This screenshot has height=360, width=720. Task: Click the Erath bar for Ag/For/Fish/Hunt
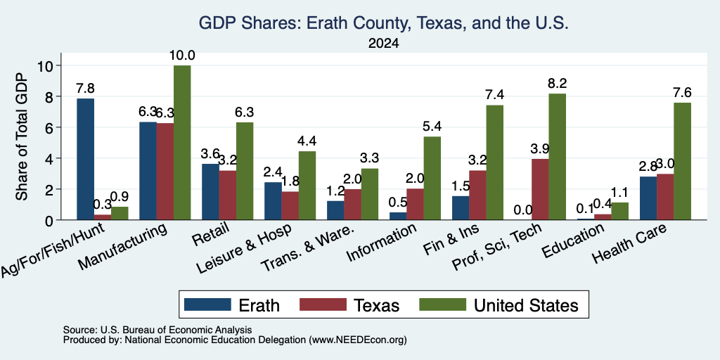(85, 159)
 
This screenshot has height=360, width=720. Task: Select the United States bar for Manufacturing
(182, 142)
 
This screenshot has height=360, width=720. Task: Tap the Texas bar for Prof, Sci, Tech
(540, 189)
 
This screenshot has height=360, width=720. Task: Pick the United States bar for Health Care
(682, 161)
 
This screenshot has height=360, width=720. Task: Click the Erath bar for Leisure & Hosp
(273, 200)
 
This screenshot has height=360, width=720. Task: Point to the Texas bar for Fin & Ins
(477, 195)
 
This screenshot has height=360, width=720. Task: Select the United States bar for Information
(432, 178)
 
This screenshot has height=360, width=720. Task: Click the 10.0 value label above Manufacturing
(182, 56)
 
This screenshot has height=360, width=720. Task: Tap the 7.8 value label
(85, 89)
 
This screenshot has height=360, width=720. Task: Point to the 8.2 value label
(557, 83)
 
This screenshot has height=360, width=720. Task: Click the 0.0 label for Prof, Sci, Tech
(523, 210)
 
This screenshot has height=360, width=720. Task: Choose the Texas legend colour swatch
(323, 304)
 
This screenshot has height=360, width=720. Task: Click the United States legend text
(526, 305)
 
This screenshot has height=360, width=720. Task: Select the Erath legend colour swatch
(207, 304)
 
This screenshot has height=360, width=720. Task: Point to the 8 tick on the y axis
(51, 96)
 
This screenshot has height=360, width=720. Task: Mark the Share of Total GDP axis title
(22, 136)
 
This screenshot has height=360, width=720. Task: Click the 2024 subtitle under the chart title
(383, 44)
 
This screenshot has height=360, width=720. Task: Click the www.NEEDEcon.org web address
(358, 340)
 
